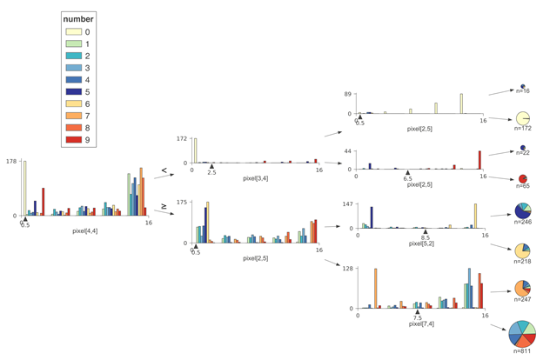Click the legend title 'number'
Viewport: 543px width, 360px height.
click(x=78, y=19)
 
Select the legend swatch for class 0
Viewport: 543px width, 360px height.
click(x=73, y=32)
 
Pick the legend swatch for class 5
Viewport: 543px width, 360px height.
click(x=73, y=91)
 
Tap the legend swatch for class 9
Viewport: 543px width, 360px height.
click(x=73, y=139)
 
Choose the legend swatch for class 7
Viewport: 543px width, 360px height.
click(x=73, y=116)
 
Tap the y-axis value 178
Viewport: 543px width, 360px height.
click(x=10, y=161)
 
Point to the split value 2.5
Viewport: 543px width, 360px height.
click(x=211, y=173)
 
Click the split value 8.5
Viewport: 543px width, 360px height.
click(x=425, y=237)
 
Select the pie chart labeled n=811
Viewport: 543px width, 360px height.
click(x=522, y=333)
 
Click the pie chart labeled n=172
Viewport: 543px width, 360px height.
click(x=522, y=118)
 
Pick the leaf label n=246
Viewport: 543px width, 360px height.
click(x=523, y=223)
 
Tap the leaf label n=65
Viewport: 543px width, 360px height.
click(x=523, y=187)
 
